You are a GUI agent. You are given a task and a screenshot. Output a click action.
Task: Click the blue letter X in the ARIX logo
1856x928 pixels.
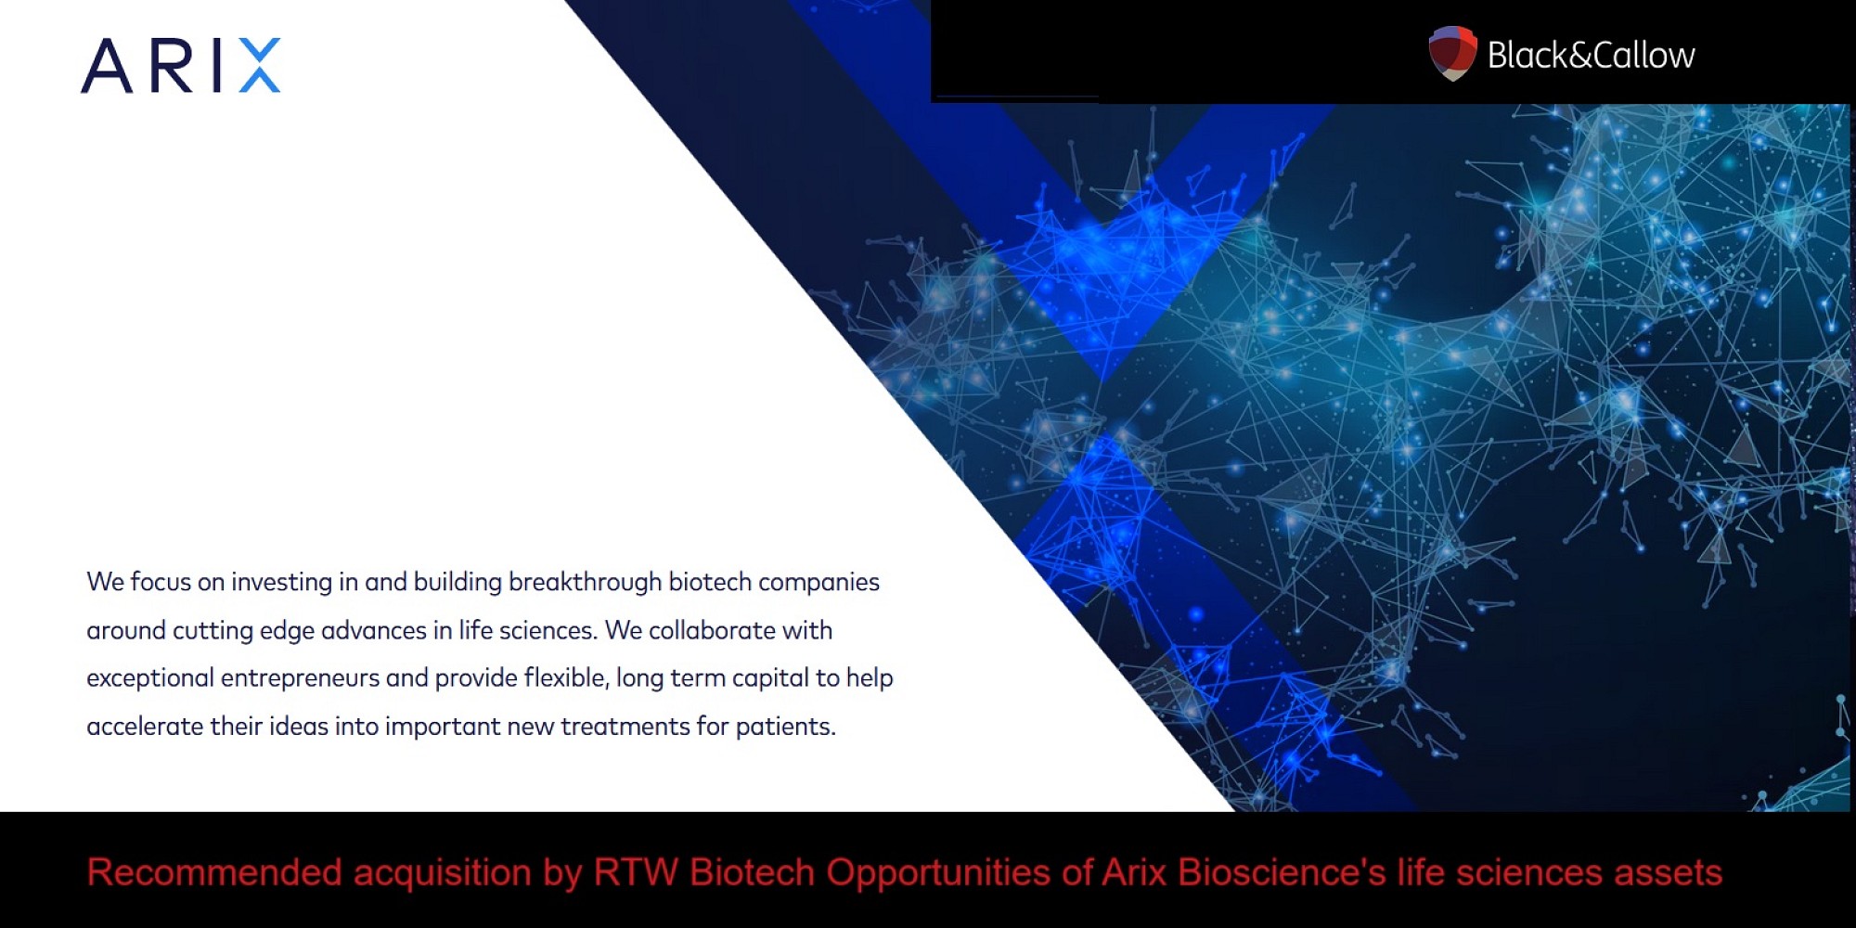click(x=260, y=66)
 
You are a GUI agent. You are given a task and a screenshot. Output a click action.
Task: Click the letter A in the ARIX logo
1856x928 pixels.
click(x=107, y=66)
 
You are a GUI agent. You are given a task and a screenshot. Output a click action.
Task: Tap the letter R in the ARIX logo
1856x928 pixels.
click(x=171, y=66)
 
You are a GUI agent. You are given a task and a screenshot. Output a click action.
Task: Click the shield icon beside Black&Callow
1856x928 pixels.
click(x=1452, y=54)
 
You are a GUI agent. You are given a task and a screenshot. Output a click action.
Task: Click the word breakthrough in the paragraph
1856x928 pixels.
click(x=585, y=582)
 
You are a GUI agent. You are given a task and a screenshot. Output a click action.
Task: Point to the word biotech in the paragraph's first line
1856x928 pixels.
click(x=710, y=582)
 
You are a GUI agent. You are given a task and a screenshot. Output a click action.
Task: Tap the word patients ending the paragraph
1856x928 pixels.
click(x=785, y=727)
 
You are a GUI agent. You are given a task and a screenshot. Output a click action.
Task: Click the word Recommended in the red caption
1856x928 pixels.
click(x=214, y=873)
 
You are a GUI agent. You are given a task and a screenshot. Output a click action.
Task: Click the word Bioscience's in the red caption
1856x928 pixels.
click(x=1282, y=873)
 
